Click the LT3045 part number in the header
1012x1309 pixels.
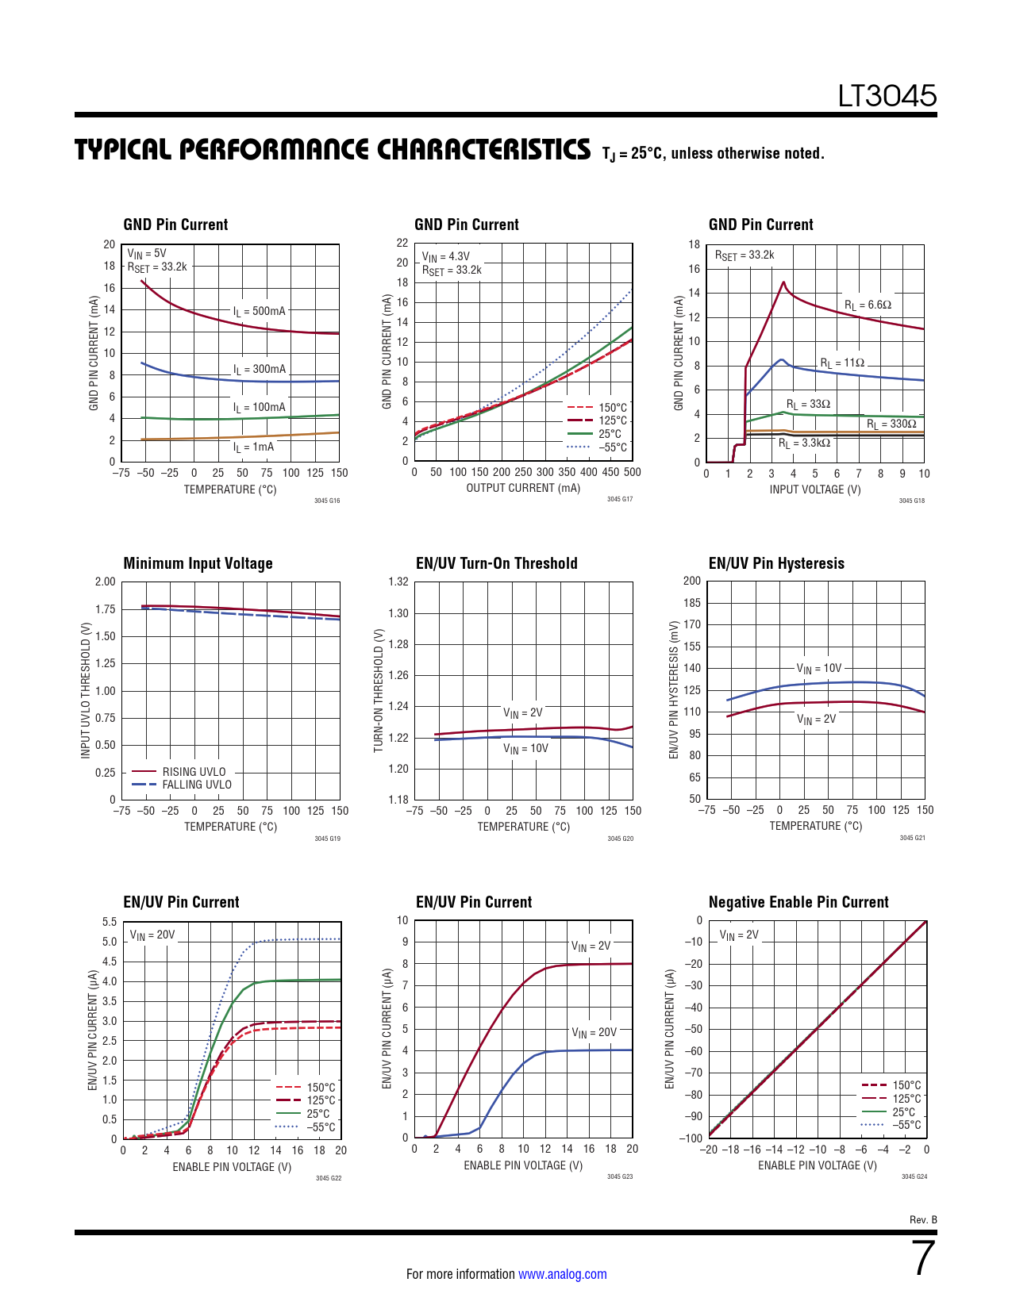[x=887, y=96]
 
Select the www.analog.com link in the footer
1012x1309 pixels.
[x=562, y=1274]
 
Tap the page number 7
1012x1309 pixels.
[x=924, y=1258]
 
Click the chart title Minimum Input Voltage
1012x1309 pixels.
[x=198, y=563]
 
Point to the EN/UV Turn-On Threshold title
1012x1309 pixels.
[x=496, y=563]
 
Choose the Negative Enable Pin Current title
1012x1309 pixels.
[x=798, y=902]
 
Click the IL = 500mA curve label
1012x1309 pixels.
[x=259, y=311]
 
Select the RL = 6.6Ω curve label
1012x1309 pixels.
[x=868, y=305]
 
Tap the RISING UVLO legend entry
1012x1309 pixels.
[x=194, y=771]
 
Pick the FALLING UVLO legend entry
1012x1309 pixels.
[x=197, y=785]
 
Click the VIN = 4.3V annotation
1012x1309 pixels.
[x=445, y=256]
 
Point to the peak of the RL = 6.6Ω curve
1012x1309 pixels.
[x=783, y=282]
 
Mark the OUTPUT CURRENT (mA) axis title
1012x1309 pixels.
[x=523, y=488]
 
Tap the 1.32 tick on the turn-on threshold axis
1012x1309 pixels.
[x=398, y=582]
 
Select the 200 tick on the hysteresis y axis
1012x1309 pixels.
[x=692, y=581]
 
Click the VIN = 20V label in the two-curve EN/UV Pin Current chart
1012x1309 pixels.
[x=594, y=1032]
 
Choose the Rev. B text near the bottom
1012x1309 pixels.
[x=923, y=1219]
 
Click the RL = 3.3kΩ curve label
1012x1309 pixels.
[x=804, y=443]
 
